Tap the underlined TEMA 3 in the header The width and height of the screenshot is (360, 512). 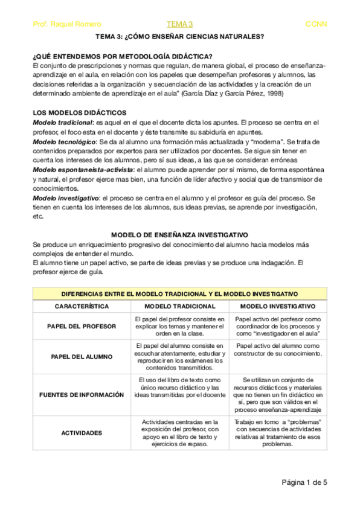coord(179,24)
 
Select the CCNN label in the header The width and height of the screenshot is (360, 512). coord(317,24)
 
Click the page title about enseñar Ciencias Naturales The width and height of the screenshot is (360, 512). coord(179,37)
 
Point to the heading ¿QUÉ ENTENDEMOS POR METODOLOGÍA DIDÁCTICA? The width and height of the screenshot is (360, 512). coord(121,56)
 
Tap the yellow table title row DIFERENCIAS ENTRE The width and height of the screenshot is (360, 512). coord(179,293)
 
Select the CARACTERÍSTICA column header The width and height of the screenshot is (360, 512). coord(82,307)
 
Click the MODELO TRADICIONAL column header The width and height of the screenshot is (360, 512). coord(179,307)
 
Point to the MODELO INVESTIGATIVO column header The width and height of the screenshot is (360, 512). coord(277,307)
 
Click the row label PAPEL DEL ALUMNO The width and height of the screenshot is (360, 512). coord(82,356)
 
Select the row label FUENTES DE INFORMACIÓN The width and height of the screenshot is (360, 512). coord(82,394)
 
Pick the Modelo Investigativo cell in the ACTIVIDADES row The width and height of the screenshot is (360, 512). coord(277,432)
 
